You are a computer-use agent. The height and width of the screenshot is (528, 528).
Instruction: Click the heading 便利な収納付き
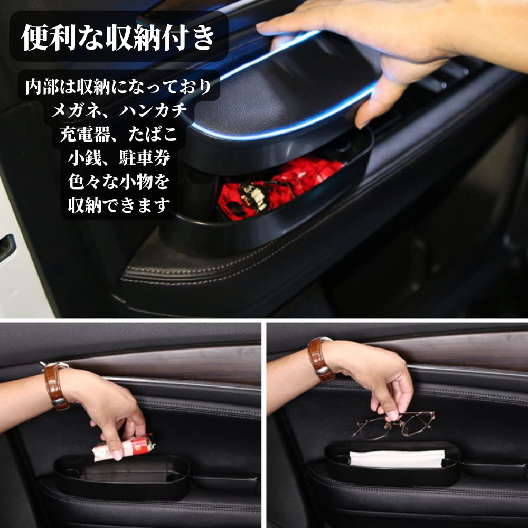point(119,37)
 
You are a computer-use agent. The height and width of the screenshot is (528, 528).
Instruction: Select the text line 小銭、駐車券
point(119,157)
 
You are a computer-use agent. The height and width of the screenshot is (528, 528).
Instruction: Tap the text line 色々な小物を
point(119,181)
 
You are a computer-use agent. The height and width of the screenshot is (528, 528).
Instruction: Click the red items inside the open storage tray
point(280,185)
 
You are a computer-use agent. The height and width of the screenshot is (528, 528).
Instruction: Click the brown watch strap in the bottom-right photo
point(319,359)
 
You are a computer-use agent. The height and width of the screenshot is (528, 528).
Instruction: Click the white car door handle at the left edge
point(6,248)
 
